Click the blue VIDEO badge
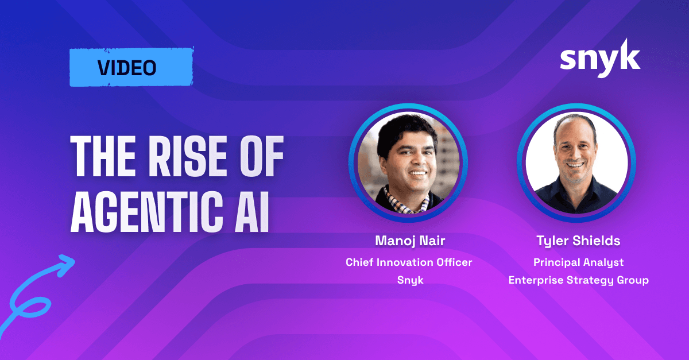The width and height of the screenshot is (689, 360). pyautogui.click(x=131, y=67)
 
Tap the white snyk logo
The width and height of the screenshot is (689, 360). pyautogui.click(x=600, y=58)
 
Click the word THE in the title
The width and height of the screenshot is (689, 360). pyautogui.click(x=103, y=156)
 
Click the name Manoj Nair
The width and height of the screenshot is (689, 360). pyautogui.click(x=410, y=241)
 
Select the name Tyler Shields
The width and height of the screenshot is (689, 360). pyautogui.click(x=578, y=241)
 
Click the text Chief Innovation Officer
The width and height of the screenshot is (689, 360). pyautogui.click(x=409, y=262)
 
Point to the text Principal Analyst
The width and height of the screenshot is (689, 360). pyautogui.click(x=578, y=262)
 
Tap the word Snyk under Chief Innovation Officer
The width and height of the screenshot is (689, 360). pyautogui.click(x=411, y=280)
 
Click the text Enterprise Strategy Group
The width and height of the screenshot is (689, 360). pyautogui.click(x=579, y=280)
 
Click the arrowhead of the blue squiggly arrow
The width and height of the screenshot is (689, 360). pyautogui.click(x=66, y=264)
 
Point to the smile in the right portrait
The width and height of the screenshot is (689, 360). pyautogui.click(x=575, y=165)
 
